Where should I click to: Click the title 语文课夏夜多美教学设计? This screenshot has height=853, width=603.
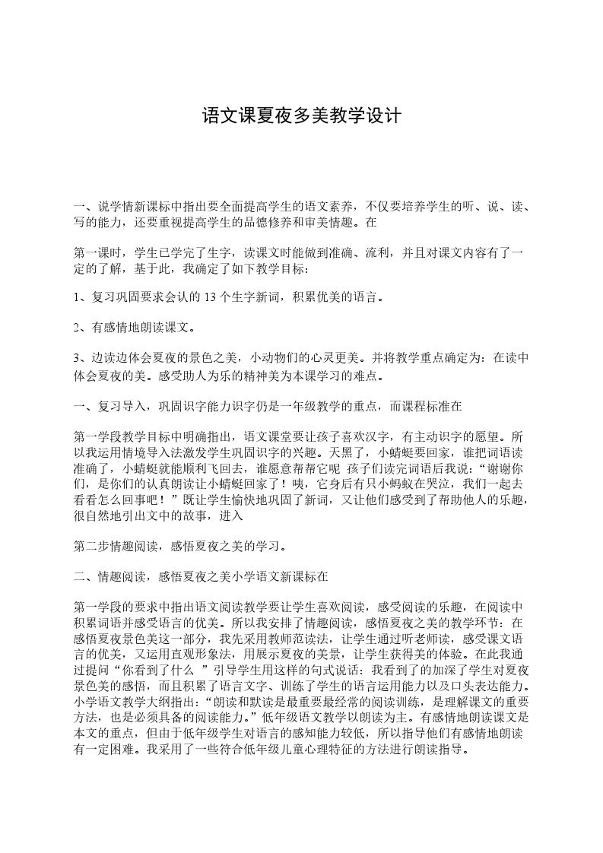pos(301,116)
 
